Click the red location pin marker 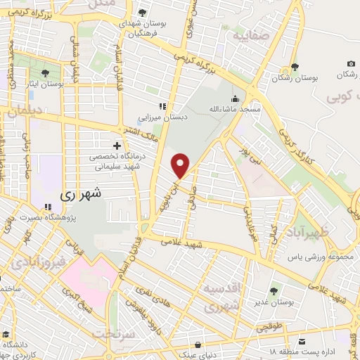pyautogui.click(x=181, y=165)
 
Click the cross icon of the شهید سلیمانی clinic pyautogui.click(x=117, y=146)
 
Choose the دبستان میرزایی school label pyautogui.click(x=167, y=118)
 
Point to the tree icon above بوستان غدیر pyautogui.click(x=274, y=290)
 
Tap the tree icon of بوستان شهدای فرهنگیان pyautogui.click(x=143, y=13)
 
